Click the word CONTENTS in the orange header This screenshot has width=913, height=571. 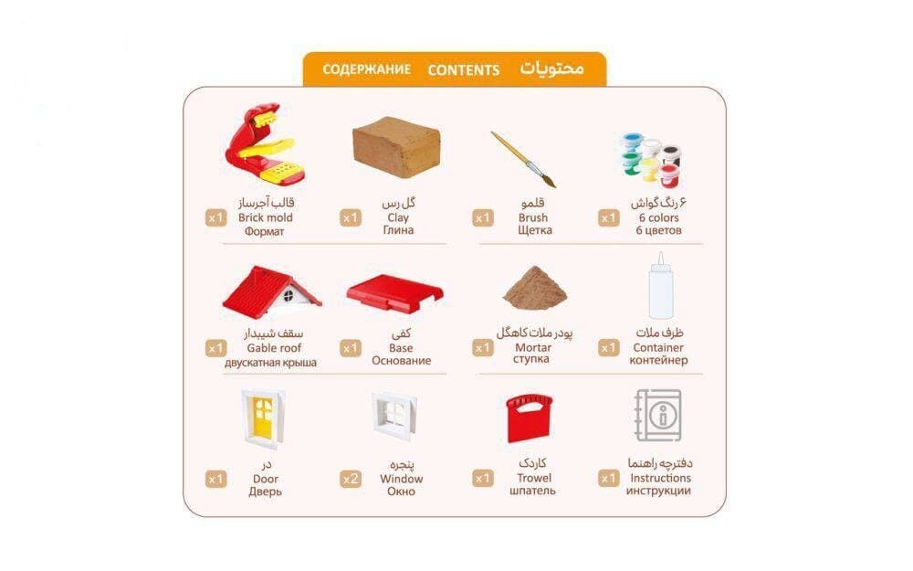click(x=463, y=69)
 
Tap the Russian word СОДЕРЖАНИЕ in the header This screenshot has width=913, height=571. click(x=366, y=69)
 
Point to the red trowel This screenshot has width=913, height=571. click(x=530, y=419)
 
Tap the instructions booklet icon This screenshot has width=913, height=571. click(x=658, y=417)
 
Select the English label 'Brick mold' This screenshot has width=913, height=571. click(x=265, y=218)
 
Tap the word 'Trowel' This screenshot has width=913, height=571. click(x=534, y=478)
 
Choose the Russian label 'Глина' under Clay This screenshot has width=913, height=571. click(x=398, y=231)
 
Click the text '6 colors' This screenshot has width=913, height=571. click(x=658, y=218)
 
